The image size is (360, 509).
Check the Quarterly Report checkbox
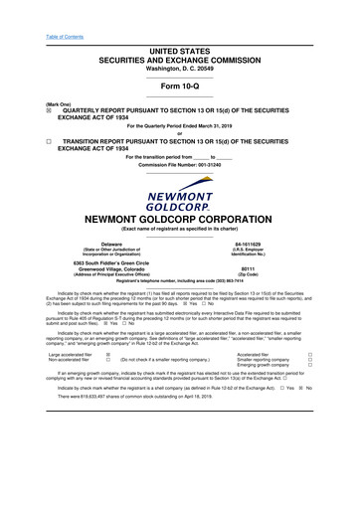coord(36,112)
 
